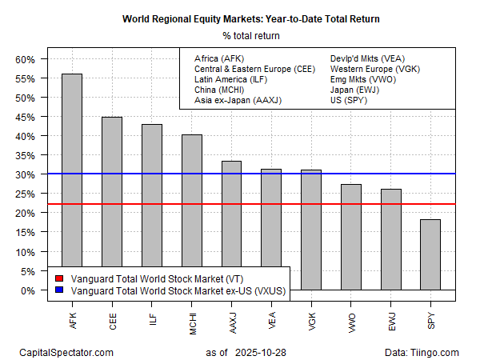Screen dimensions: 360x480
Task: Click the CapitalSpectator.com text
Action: [66, 352]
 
